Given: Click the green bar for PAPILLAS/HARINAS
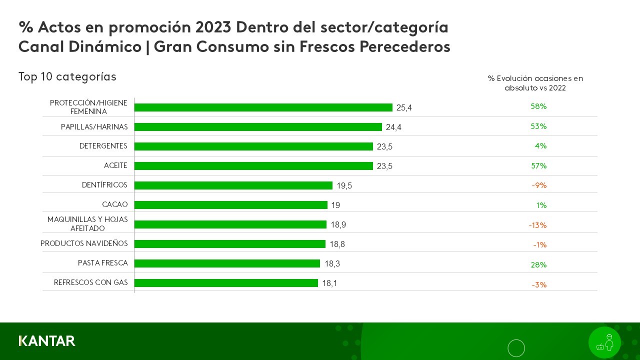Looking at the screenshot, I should point(258,127).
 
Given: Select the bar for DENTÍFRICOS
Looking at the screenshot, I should point(233,185).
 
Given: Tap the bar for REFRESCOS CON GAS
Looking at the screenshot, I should point(226,283).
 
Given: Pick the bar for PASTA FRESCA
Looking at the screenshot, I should point(227,263).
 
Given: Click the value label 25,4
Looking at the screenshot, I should point(404,107).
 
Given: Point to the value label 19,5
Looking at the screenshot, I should point(344,186).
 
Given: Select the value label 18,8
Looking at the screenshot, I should point(337,244).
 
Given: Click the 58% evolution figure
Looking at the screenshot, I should point(538,106).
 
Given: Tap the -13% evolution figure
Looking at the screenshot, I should point(537,225).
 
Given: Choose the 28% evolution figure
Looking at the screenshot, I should point(538,265).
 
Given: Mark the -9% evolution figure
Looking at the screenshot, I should point(539,185).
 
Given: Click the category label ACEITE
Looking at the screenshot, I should point(115,165).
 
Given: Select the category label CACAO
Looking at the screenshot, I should point(114,204).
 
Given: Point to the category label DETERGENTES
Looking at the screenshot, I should point(103,146).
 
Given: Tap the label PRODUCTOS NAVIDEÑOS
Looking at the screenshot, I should point(84,243).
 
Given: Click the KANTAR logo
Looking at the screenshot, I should point(47,341).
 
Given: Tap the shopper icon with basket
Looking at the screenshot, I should point(604,342).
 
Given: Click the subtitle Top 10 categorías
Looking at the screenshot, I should point(67,77).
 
